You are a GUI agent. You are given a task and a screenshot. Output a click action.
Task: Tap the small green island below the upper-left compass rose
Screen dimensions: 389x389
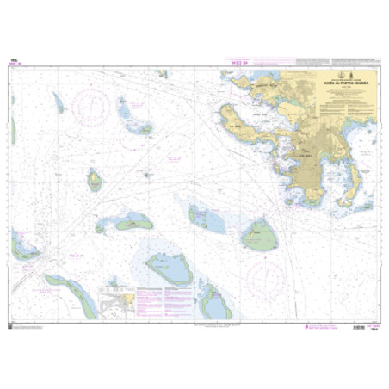point(94,180)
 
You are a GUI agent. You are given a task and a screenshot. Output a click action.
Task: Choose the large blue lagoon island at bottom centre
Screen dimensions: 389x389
point(171,269)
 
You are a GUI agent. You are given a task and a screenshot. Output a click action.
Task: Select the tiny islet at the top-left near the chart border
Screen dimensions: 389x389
point(59,103)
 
